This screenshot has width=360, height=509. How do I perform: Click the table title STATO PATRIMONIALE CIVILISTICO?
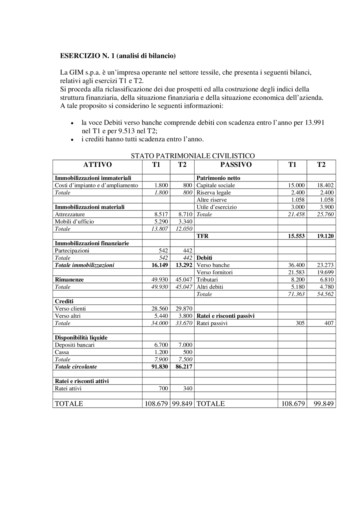(193, 156)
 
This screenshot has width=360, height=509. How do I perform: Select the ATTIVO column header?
(97, 165)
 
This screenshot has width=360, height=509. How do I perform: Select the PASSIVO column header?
(236, 165)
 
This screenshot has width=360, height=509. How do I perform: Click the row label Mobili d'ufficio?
(74, 221)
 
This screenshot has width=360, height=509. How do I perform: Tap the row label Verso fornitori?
(215, 272)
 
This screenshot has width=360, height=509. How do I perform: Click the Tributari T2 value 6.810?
(326, 280)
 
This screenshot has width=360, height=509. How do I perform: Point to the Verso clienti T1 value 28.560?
(159, 309)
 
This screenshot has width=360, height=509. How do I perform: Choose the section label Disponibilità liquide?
(81, 338)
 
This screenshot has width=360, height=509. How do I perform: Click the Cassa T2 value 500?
(188, 352)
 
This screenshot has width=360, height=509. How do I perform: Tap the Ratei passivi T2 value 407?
(329, 323)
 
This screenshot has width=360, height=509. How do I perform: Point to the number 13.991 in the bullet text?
(314, 123)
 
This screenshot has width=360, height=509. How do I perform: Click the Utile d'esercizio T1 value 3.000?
(297, 207)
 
